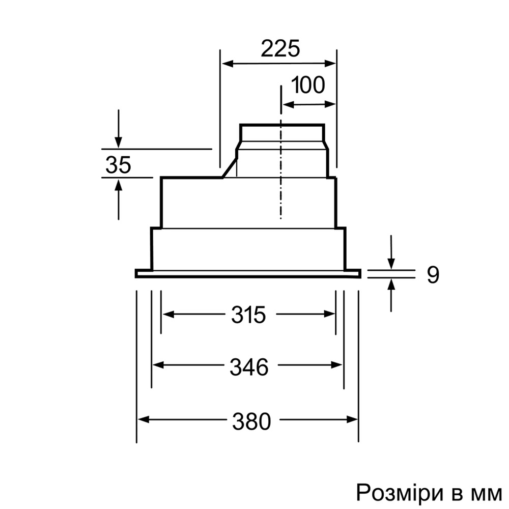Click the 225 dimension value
point(280,49)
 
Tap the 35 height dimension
point(118,165)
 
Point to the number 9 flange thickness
point(432,275)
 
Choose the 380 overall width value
point(251,420)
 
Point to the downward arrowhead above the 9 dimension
point(391,264)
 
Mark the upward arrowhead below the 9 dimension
point(391,284)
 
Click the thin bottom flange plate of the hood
point(248,274)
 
